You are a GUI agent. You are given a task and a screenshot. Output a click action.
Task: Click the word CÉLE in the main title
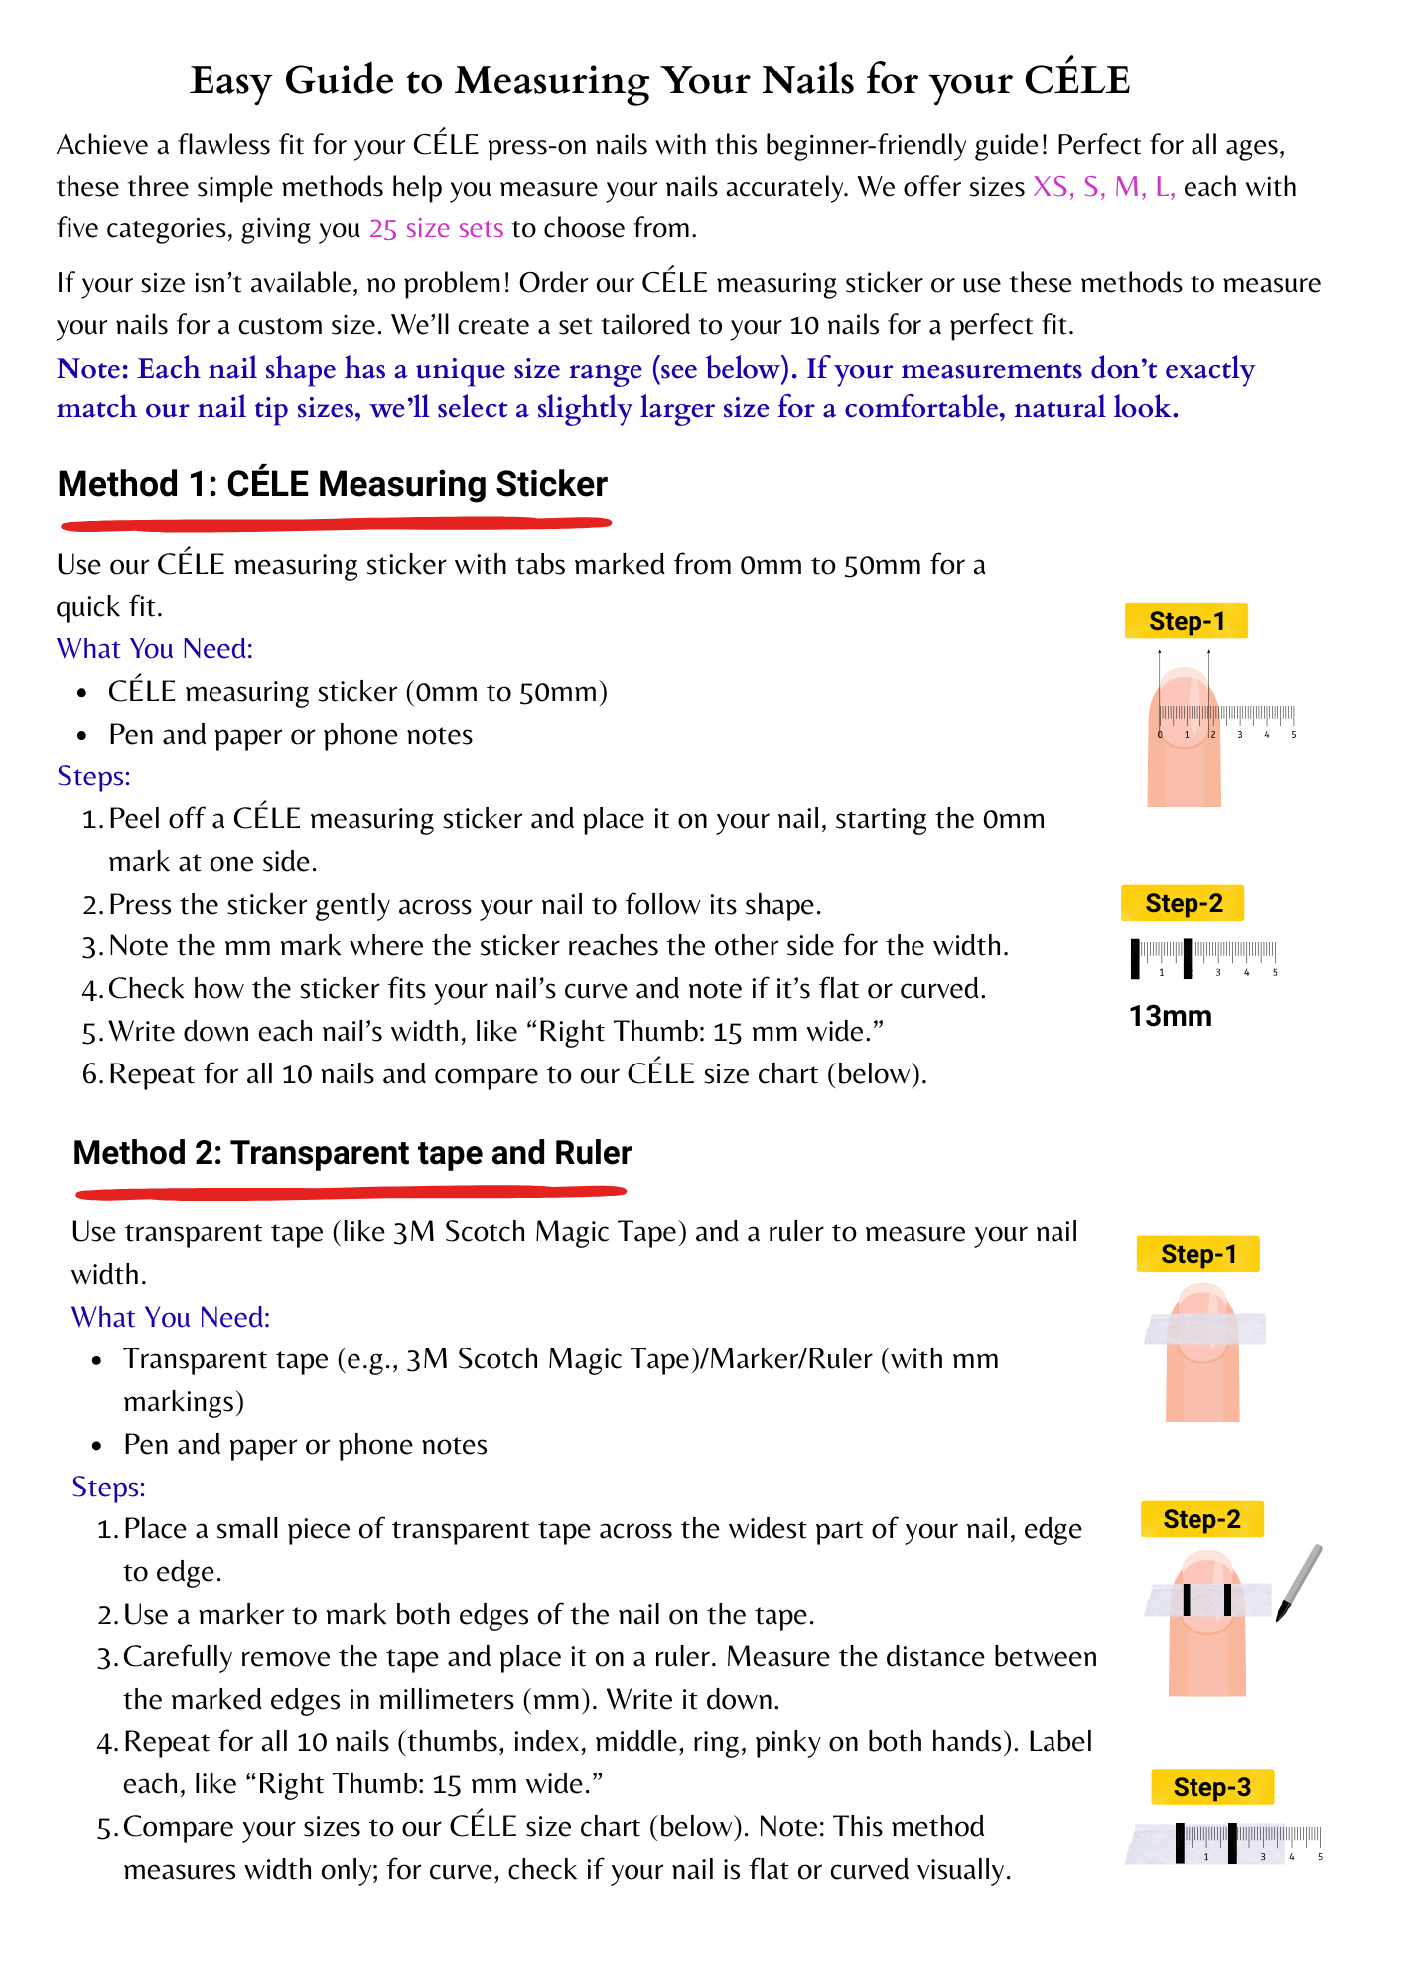click(x=1076, y=79)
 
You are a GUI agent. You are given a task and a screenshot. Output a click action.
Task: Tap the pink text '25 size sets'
click(x=436, y=228)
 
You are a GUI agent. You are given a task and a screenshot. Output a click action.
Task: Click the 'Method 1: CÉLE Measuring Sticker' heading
click(x=332, y=484)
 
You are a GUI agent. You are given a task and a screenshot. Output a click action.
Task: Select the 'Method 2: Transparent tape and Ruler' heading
click(x=351, y=1152)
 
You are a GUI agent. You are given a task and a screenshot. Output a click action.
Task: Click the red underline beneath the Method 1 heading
click(x=336, y=521)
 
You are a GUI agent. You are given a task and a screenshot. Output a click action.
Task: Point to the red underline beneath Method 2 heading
click(x=350, y=1190)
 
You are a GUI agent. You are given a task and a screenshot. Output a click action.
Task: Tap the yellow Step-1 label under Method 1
click(x=1186, y=621)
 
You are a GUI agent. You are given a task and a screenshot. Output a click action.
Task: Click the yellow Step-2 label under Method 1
click(x=1183, y=903)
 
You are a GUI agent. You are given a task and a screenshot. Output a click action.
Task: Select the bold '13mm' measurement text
click(x=1170, y=1016)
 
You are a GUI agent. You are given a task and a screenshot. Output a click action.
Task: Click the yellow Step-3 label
click(x=1211, y=1787)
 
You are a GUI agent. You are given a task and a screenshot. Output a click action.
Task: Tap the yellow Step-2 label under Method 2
click(x=1201, y=1519)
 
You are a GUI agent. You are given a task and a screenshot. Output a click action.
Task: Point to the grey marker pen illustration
click(x=1299, y=1583)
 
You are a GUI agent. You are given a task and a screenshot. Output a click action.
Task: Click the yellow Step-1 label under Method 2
click(x=1197, y=1254)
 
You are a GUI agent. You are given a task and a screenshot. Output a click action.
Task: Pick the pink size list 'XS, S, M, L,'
click(x=1103, y=187)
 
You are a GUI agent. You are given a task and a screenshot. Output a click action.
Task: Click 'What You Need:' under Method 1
click(x=155, y=648)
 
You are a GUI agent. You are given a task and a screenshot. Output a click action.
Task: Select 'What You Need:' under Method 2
click(x=171, y=1317)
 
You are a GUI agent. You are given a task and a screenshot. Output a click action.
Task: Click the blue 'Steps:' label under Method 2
click(x=108, y=1487)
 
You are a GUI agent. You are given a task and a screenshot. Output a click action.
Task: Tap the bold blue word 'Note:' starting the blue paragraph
click(x=93, y=369)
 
